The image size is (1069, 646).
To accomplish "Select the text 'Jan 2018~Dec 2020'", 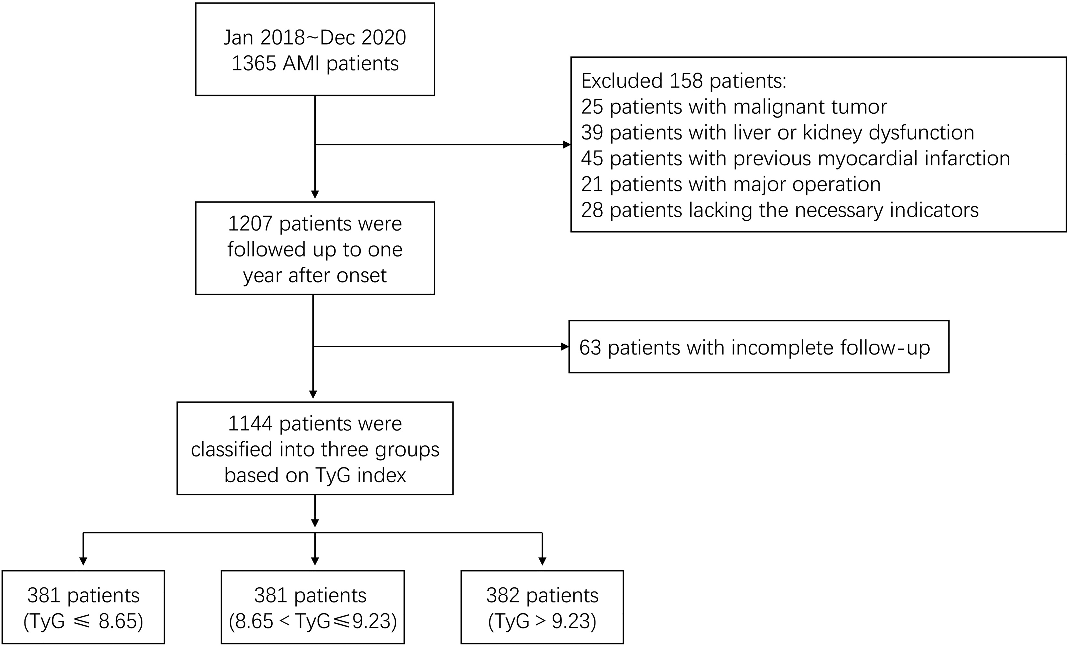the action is [315, 38].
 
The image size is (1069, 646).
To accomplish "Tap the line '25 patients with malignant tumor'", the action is [734, 107].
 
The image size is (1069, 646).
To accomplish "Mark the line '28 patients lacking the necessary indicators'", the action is [780, 210].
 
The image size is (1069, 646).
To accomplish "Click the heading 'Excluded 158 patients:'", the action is [684, 81].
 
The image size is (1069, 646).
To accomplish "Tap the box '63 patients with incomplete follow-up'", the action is [759, 346].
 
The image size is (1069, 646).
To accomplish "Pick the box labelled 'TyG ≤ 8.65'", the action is [83, 607].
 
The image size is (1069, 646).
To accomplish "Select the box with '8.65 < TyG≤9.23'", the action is [313, 607].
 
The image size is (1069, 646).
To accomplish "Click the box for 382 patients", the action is [542, 607].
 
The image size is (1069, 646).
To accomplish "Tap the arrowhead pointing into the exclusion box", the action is [567, 144].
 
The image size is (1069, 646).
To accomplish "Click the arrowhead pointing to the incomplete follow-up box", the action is [565, 346].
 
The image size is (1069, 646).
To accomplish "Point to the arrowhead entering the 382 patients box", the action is [542, 561].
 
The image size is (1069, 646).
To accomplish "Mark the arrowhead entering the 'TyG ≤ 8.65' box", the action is [83, 561].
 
